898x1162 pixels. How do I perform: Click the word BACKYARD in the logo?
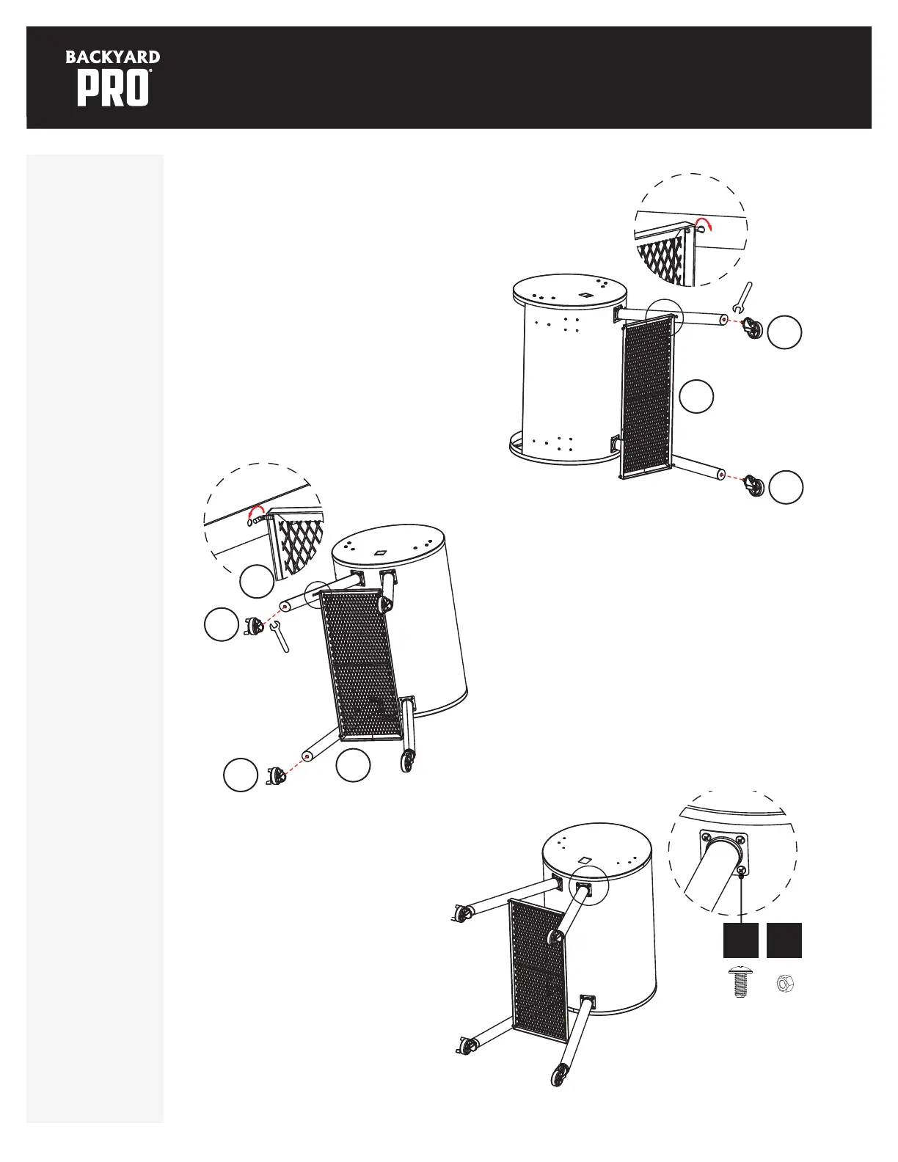[113, 57]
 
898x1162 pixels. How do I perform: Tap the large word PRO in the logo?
[114, 89]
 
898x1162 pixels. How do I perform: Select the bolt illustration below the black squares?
[740, 982]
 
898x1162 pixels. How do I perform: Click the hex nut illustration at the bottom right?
[784, 983]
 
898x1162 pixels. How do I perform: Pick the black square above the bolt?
[741, 940]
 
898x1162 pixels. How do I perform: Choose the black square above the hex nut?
[784, 940]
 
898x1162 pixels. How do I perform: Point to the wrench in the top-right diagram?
[743, 297]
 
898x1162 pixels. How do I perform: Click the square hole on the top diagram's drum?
[587, 295]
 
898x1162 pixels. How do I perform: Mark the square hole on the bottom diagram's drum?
[585, 860]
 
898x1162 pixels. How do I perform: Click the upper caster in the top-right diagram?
[754, 326]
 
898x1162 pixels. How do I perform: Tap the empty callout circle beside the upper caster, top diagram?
[784, 332]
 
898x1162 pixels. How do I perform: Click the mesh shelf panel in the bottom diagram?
[538, 970]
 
